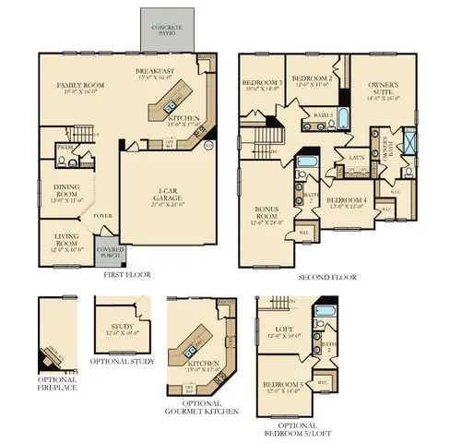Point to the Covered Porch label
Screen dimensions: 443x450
(x=110, y=251)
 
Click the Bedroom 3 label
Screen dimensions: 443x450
(x=262, y=88)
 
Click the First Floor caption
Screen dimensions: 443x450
(x=125, y=274)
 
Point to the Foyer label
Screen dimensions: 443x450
(x=101, y=217)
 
